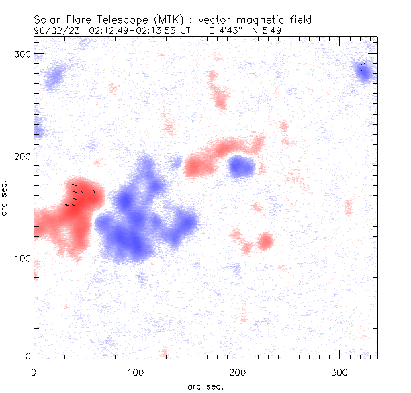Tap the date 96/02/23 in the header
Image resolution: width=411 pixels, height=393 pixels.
(56, 30)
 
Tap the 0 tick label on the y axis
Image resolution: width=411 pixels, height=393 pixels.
(27, 355)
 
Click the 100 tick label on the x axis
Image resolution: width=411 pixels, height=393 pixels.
(136, 371)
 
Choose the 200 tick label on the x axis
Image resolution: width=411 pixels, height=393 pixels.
(238, 371)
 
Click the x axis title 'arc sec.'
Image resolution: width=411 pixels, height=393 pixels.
(205, 386)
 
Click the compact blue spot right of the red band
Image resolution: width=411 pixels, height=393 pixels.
(241, 165)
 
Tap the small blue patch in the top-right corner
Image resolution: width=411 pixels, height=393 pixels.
(363, 71)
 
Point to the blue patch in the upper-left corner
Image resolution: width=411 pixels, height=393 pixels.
(54, 76)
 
